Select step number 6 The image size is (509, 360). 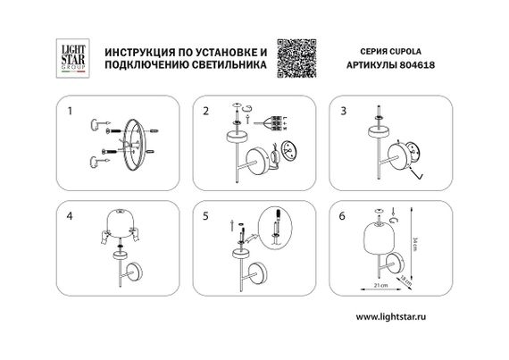(x=342, y=215)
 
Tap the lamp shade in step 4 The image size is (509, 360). (x=120, y=223)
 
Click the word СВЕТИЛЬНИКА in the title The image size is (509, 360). (x=227, y=65)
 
